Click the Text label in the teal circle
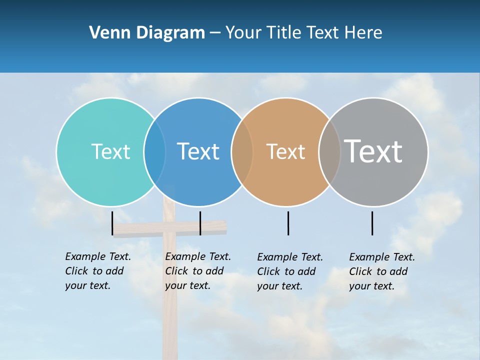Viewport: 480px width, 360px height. [x=110, y=151]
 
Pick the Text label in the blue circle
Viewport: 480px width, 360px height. [x=198, y=151]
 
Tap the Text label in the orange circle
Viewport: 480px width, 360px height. [x=285, y=151]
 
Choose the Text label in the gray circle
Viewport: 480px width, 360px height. [x=373, y=151]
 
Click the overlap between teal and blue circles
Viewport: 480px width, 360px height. [x=154, y=151]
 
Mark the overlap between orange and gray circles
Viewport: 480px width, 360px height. [x=329, y=151]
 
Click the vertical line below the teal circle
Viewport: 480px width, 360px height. [x=112, y=223]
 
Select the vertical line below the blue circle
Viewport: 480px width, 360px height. [x=200, y=223]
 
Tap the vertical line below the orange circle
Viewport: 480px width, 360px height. [x=288, y=223]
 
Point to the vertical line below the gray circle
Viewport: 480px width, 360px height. [x=372, y=223]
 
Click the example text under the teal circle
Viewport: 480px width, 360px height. [x=98, y=271]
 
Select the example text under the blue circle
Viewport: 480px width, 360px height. [x=198, y=271]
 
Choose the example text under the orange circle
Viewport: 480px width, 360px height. [x=290, y=271]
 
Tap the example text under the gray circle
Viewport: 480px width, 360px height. [x=382, y=271]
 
